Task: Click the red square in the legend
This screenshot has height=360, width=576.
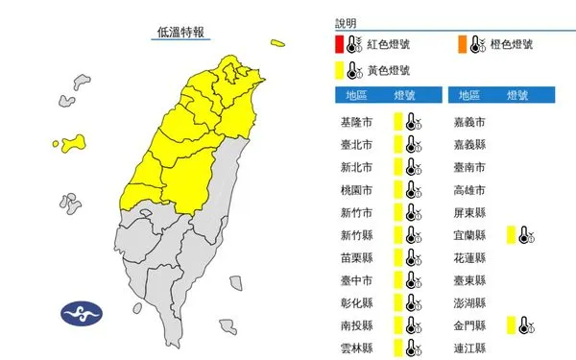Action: [x=340, y=44]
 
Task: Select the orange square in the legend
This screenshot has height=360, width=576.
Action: [x=463, y=44]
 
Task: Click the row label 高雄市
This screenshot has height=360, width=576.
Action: [x=469, y=189]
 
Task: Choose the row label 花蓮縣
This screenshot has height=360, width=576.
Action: [x=469, y=257]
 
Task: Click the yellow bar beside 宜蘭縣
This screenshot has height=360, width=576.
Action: [x=512, y=234]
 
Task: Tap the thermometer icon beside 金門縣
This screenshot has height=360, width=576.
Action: [x=526, y=324]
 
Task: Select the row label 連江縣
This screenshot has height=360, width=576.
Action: [x=469, y=347]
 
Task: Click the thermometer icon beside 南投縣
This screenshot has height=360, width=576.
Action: [x=412, y=324]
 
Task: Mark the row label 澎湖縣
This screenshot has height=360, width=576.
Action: [x=469, y=301]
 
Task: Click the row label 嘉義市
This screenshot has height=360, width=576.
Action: [x=469, y=122]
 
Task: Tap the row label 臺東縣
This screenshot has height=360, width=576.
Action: [x=469, y=279]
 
